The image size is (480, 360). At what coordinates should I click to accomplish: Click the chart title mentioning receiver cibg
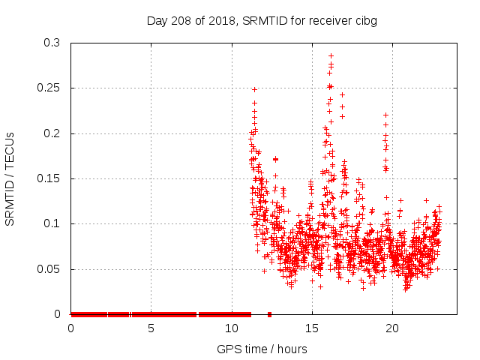(261, 20)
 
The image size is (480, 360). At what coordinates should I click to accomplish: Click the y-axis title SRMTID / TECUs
(10, 178)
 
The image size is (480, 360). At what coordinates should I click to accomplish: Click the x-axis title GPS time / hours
(262, 349)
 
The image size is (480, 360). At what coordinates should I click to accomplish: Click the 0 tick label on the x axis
(71, 328)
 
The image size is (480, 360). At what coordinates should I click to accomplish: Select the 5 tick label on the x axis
(151, 328)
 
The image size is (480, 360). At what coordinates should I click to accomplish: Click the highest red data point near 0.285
(331, 55)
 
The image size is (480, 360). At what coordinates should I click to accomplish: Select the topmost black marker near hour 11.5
(254, 89)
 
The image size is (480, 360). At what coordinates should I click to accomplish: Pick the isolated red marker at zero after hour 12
(269, 314)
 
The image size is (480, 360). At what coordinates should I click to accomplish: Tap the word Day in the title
(156, 20)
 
